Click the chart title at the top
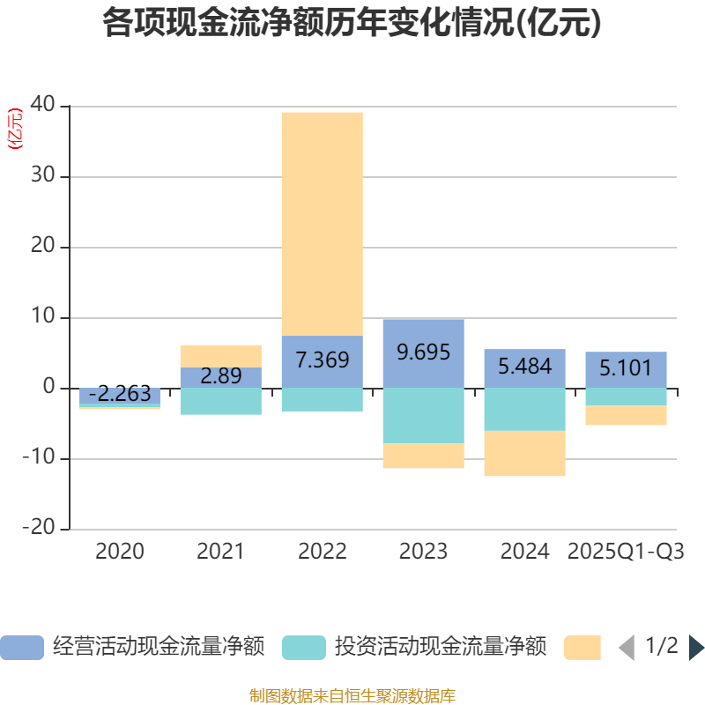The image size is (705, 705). click(x=352, y=24)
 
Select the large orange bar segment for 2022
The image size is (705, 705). click(x=322, y=224)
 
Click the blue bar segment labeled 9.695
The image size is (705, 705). click(x=423, y=352)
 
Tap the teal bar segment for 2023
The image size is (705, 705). click(x=423, y=416)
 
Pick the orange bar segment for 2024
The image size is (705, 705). click(x=524, y=454)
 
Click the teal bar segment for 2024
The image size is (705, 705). click(x=524, y=410)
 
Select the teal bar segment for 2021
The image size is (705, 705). click(x=220, y=402)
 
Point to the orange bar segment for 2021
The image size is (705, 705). click(x=220, y=356)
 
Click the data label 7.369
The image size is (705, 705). click(x=322, y=360)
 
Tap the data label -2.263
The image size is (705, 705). click(x=120, y=395)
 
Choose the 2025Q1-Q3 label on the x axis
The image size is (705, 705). click(x=626, y=552)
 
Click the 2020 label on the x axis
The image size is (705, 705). click(x=120, y=552)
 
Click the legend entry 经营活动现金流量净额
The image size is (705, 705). click(x=159, y=647)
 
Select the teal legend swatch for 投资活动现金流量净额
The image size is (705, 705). click(x=303, y=648)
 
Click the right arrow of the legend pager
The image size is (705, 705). click(x=696, y=648)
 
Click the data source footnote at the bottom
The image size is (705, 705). click(x=352, y=696)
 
